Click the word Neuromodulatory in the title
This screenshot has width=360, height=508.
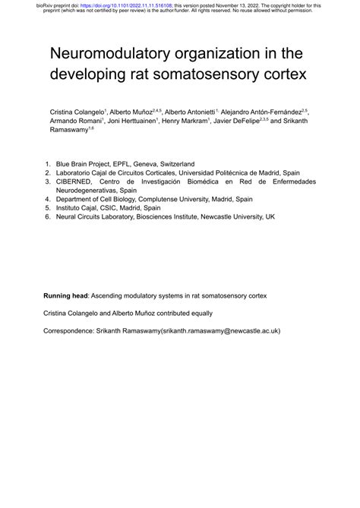106,55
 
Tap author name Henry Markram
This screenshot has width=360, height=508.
182,120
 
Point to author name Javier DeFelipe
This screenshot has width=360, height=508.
235,120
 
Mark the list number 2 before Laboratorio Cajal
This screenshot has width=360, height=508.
47,172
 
